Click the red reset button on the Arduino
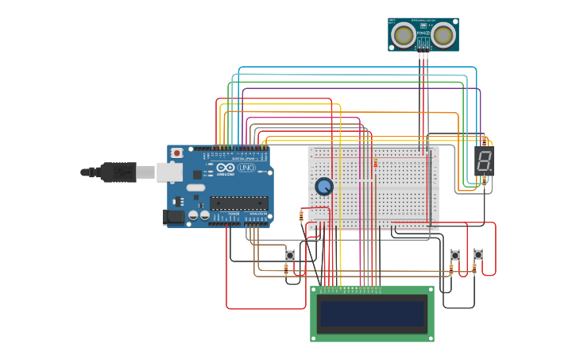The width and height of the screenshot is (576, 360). coord(176,153)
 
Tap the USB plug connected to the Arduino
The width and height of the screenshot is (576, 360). coord(119,172)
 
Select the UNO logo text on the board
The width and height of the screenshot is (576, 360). coord(246,168)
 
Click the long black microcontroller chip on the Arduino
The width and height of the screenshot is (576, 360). coord(238,203)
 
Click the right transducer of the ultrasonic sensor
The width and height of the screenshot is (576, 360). coord(443,34)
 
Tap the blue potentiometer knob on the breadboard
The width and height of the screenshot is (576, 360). coord(324,186)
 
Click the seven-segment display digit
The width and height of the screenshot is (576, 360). coord(484,161)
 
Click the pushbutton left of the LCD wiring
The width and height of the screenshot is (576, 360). coord(290,255)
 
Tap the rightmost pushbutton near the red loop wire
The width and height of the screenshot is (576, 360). coord(478,254)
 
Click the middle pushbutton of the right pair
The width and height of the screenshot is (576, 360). coord(455,255)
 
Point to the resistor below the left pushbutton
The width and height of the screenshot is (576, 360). coord(286,269)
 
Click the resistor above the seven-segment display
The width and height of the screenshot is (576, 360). coord(484,141)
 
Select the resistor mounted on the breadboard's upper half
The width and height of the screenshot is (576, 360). coord(376,164)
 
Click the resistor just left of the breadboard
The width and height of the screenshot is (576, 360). coord(301,215)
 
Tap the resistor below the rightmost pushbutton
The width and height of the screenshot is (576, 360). coord(474,269)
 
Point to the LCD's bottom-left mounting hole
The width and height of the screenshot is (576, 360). coord(314,338)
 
